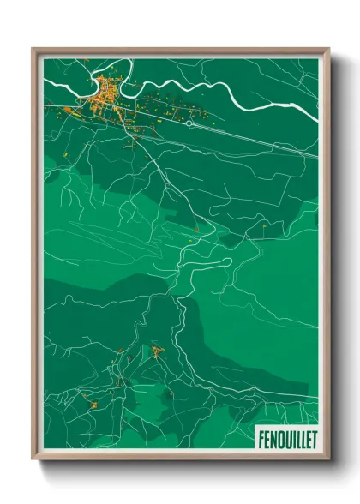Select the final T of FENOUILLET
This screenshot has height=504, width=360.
coord(314,439)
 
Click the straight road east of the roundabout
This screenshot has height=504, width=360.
coord(257,137)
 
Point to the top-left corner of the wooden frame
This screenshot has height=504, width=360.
coord(33,49)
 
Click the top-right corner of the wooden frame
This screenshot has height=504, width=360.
coord(328,49)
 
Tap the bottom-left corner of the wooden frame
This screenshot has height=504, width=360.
coord(33,460)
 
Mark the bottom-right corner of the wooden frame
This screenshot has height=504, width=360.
coord(328,460)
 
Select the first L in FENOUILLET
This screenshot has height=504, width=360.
coord(297,439)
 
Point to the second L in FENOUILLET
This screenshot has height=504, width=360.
coord(302,439)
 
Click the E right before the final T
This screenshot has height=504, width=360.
coord(308,439)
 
